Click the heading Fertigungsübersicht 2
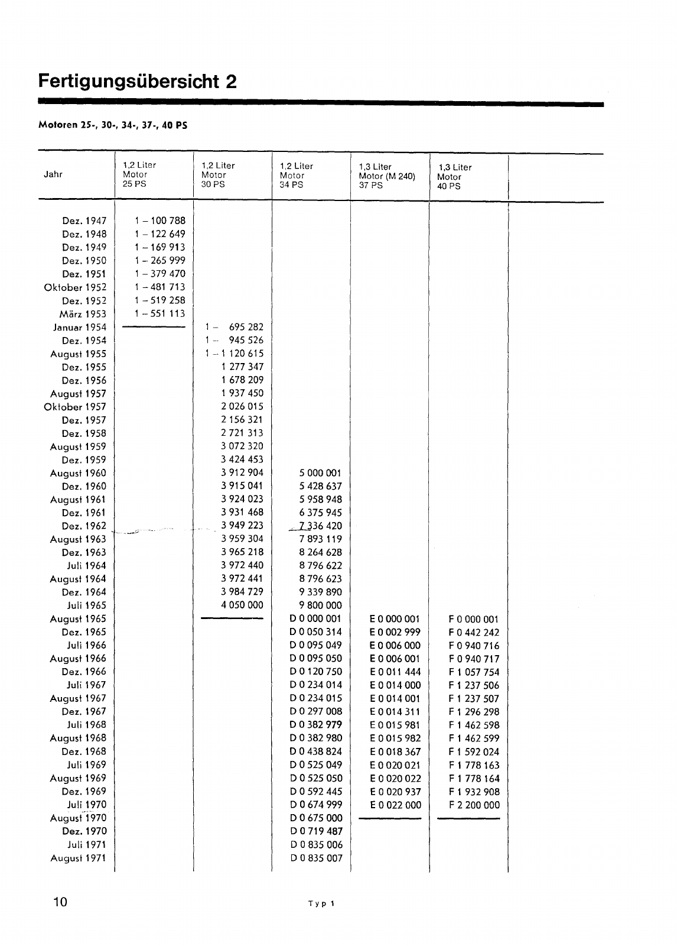coord(138,80)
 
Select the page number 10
coord(60,902)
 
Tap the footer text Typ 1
coord(322,903)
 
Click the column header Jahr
coord(53,174)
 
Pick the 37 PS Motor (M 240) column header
coord(387,176)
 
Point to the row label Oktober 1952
coord(75,287)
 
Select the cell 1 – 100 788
coord(160,221)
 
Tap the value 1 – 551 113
coord(160,313)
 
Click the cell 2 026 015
coord(242,406)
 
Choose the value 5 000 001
coord(320,473)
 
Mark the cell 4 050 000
coord(242,605)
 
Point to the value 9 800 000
coord(320,605)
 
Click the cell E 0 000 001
coord(395,619)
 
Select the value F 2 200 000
coord(474,805)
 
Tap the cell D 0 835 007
coord(316,858)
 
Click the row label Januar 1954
coord(80,328)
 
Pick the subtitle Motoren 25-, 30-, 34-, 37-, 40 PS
coord(113,125)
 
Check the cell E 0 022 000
coord(395,805)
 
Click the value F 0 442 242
coord(474,632)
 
